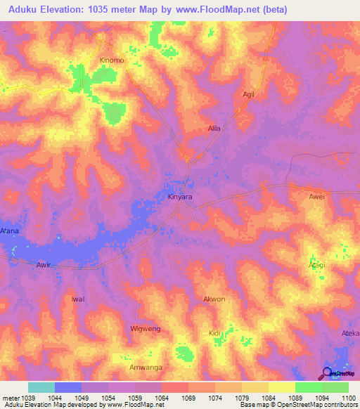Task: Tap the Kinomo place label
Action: pos(112,60)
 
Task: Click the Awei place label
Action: pos(316,197)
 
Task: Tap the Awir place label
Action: pos(44,266)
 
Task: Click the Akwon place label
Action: pos(214,299)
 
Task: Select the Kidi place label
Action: pos(215,333)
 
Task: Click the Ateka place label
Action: pos(350,333)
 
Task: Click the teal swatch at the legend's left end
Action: pos(41,387)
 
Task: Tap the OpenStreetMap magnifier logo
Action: pos(326,373)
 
